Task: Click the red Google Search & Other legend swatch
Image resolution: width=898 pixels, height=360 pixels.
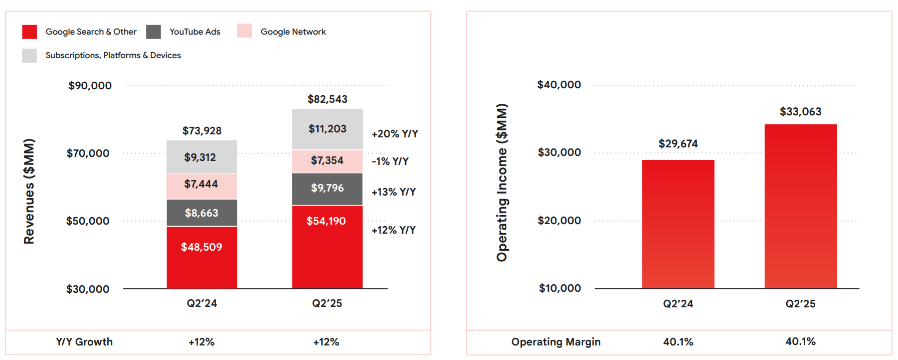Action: [30, 32]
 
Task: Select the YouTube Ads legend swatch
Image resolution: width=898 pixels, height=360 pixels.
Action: [153, 32]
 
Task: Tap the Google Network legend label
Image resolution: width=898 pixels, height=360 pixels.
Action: [293, 32]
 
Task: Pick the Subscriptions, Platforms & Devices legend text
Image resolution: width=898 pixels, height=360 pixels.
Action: [113, 55]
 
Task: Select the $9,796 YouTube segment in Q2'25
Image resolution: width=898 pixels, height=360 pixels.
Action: [327, 189]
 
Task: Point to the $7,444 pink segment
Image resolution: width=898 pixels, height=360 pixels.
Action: [201, 185]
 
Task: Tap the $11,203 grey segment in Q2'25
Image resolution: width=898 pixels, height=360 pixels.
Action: [327, 129]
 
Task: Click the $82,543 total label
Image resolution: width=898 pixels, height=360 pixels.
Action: [327, 99]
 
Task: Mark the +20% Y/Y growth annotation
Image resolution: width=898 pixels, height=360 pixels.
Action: [395, 134]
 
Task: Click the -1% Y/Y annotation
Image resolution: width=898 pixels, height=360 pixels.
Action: [390, 161]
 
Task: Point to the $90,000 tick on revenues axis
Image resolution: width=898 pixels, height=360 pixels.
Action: [90, 86]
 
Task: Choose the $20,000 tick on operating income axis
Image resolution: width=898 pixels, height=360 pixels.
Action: [559, 221]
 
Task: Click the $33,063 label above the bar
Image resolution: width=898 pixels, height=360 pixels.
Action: [800, 111]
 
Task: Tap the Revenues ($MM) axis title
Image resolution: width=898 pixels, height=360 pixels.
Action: [30, 191]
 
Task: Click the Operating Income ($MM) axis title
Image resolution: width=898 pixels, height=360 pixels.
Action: [502, 183]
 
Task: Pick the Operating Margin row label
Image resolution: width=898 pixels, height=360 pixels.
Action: [556, 342]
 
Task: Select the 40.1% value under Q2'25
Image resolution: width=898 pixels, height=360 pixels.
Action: [800, 341]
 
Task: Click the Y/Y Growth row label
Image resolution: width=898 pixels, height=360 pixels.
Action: [84, 342]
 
